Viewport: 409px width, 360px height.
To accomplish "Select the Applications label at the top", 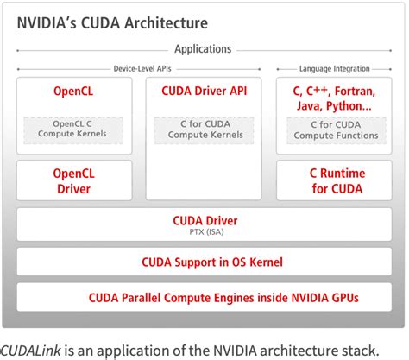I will [203, 50].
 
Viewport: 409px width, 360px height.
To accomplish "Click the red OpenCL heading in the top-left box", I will [73, 91].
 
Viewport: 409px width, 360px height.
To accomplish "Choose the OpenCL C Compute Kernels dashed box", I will [73, 129].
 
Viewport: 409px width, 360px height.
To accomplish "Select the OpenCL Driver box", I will [73, 180].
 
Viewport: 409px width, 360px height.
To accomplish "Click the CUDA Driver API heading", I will [203, 91].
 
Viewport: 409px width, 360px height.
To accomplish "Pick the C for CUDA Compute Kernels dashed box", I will [203, 129].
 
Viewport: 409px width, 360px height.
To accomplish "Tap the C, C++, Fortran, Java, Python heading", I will [333, 98].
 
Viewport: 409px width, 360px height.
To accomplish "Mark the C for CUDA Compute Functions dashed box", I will [333, 129].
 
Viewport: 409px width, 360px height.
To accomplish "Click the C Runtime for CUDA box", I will [333, 180].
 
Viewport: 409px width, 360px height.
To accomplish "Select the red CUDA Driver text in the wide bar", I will [204, 219].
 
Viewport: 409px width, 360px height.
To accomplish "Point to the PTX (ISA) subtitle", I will [204, 232].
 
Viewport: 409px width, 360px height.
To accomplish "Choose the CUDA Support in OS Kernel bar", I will [204, 262].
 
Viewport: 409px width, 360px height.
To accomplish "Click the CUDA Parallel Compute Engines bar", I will [204, 298].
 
